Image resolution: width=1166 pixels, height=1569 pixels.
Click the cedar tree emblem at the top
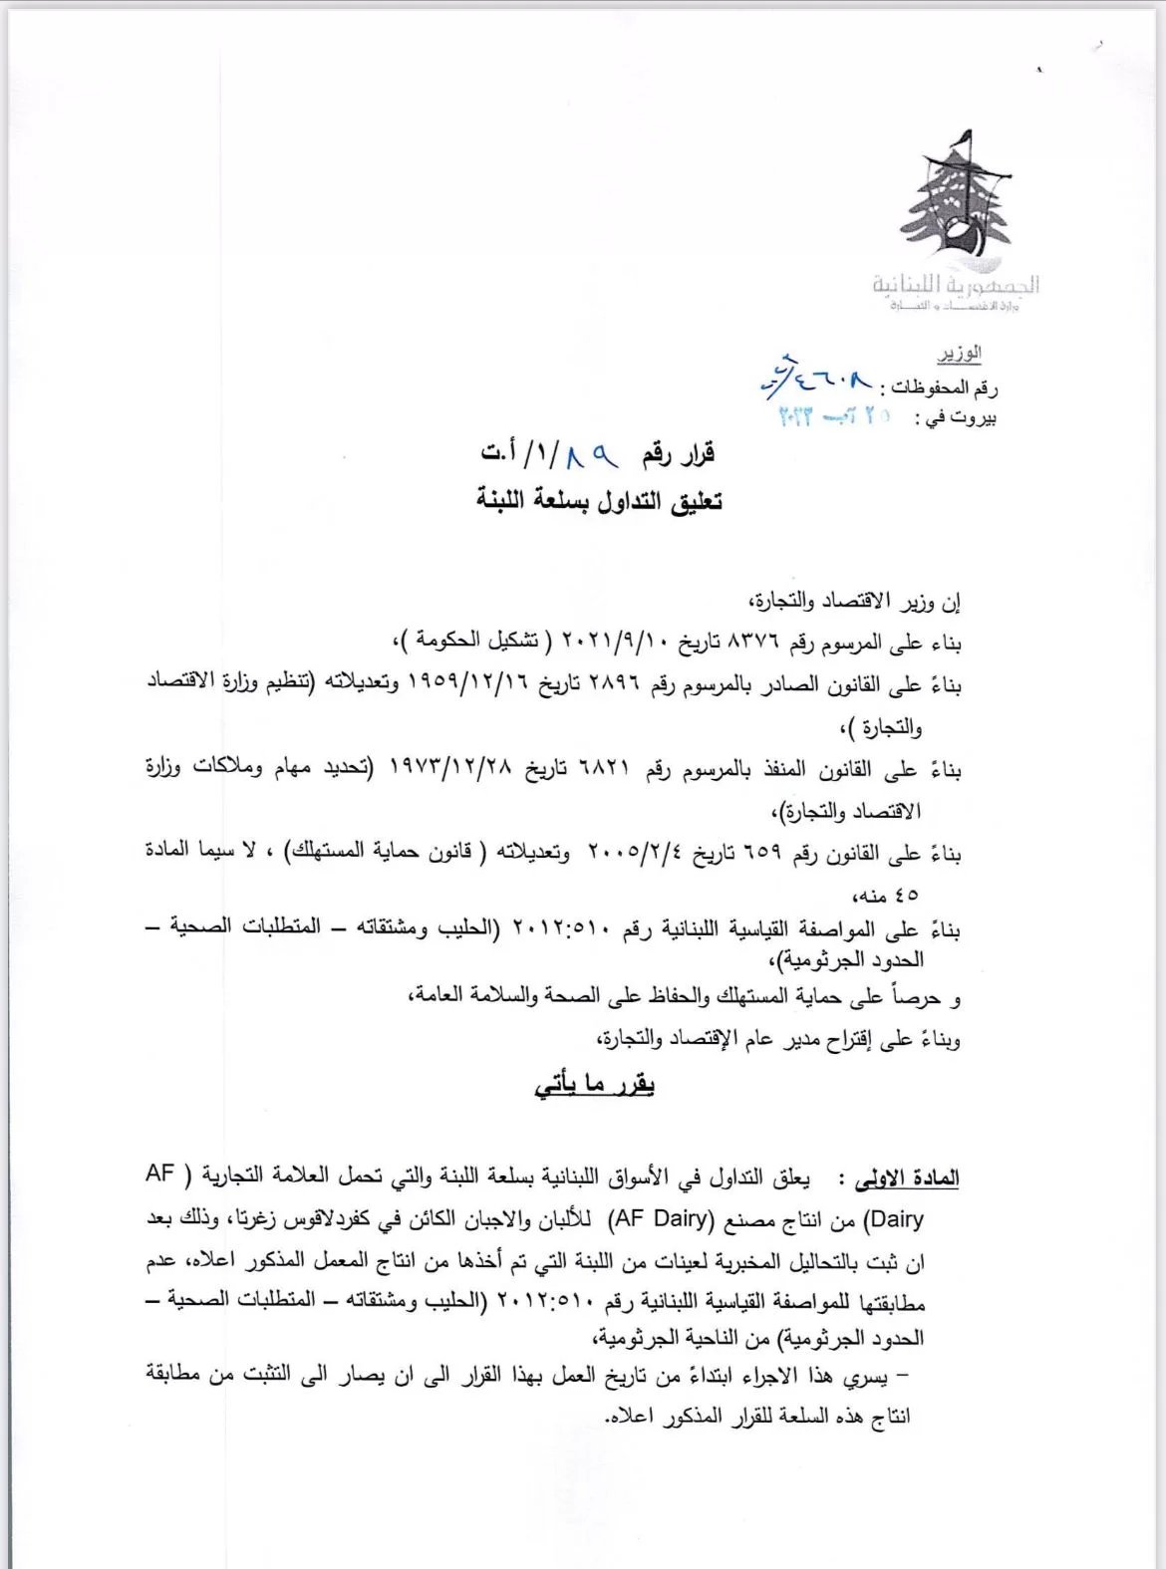coord(956,205)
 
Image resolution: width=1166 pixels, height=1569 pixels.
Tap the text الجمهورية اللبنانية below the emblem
coord(956,286)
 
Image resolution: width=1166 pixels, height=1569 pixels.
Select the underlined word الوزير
coord(959,354)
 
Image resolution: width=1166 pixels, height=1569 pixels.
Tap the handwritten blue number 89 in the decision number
coord(592,456)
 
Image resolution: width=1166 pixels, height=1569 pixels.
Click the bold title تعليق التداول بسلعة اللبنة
coord(599,500)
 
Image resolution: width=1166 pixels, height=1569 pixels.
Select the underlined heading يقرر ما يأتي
coord(594,1085)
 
